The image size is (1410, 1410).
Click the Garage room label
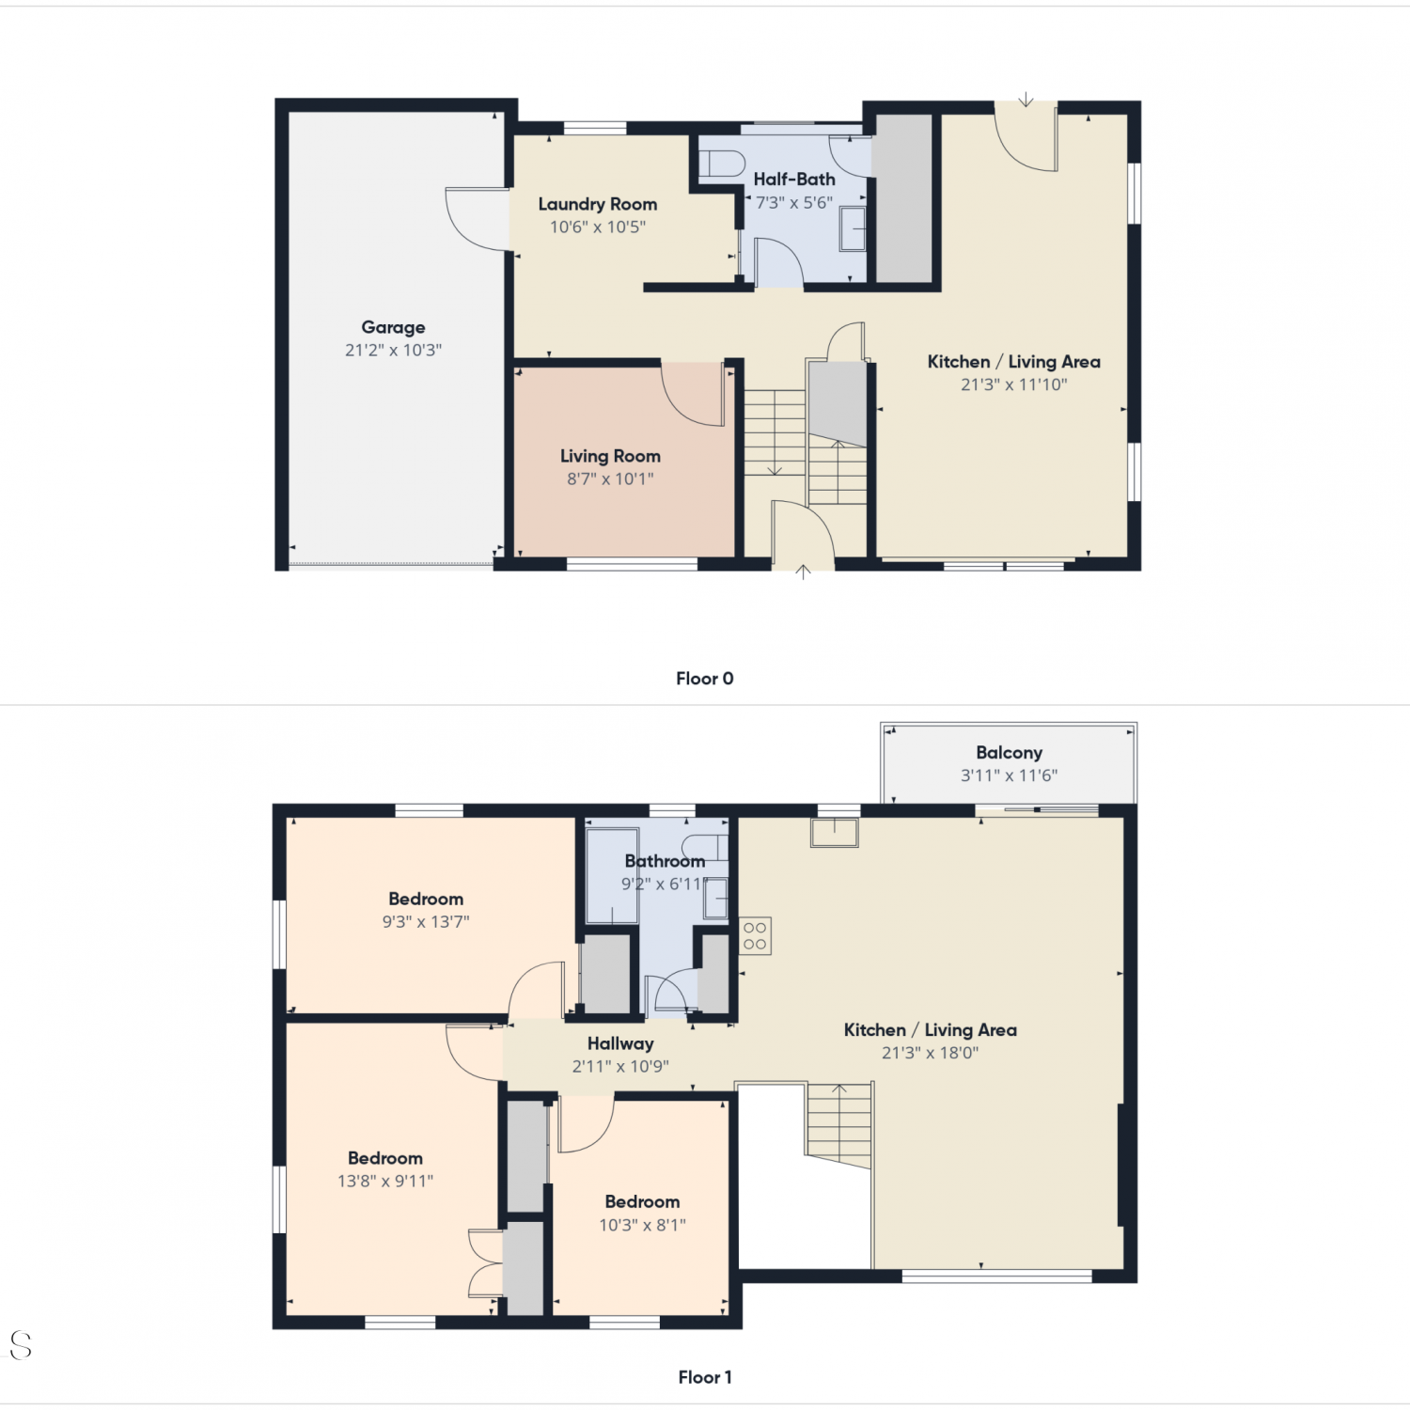point(393,327)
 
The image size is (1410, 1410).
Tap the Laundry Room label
point(598,204)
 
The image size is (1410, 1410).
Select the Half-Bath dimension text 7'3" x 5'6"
point(794,202)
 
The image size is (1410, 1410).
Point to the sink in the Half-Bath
point(853,229)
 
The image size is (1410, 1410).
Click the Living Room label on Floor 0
point(610,456)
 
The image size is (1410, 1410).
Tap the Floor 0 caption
point(705,679)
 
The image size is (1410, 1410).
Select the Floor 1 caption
point(705,1377)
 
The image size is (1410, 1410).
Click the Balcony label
point(1009,752)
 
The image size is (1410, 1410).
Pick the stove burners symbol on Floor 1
point(755,936)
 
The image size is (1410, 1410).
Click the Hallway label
point(620,1043)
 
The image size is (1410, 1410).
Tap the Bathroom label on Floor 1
point(665,861)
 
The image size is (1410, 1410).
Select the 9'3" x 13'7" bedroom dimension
point(426,922)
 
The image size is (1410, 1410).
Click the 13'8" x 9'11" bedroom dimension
point(385,1182)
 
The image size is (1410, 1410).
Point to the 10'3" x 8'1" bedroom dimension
point(643,1225)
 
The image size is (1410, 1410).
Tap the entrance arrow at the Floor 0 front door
point(803,572)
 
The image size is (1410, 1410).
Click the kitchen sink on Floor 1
point(835,833)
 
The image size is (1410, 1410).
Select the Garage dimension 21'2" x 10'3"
point(393,350)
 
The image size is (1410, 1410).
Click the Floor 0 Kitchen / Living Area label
point(1014,362)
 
